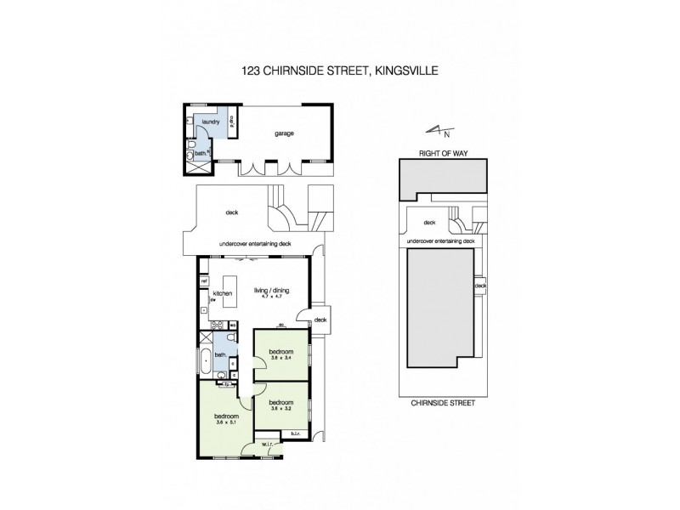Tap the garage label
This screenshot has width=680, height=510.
(283, 133)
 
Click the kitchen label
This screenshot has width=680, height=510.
(223, 293)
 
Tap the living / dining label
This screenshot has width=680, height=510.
(272, 291)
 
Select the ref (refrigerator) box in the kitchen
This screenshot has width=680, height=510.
(204, 281)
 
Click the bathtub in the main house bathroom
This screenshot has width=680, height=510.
(205, 360)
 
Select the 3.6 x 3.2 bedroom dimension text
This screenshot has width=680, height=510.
(280, 408)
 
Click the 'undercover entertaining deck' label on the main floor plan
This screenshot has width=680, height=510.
(255, 244)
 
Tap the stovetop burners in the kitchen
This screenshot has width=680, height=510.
(216, 324)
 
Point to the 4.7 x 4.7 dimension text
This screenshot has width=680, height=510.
(272, 297)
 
